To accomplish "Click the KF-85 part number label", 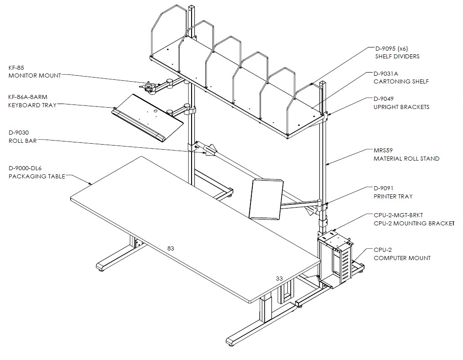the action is click(x=16, y=68).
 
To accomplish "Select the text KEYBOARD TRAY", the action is click(x=32, y=105).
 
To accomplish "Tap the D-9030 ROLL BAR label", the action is click(x=23, y=137).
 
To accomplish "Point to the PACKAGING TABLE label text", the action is click(x=36, y=176).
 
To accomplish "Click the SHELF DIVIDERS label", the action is click(x=397, y=57).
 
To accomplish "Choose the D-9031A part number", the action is click(x=385, y=74).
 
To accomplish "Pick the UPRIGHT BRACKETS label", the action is click(x=401, y=107).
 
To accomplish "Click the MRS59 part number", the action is click(x=383, y=151).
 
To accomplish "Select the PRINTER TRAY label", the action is click(x=393, y=196).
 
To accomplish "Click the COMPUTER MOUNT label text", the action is click(x=402, y=258).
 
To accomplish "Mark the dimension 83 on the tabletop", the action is click(x=171, y=248).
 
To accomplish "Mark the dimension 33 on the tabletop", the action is click(x=279, y=278).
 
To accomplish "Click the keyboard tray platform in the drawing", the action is click(x=148, y=118).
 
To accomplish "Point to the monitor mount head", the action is click(x=148, y=87).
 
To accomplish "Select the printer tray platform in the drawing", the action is click(x=266, y=199).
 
